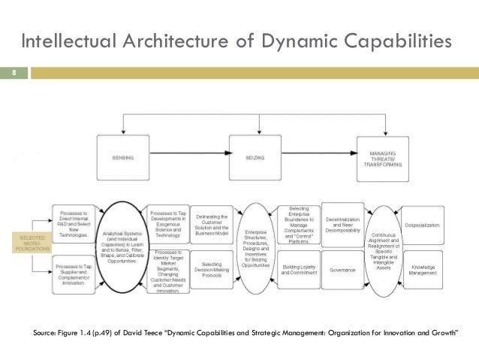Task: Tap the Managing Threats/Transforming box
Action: [x=383, y=158]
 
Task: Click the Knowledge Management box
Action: [x=424, y=269]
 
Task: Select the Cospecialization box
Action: [x=424, y=225]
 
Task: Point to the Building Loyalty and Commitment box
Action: [x=299, y=269]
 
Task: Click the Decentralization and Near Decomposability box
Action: [x=342, y=223]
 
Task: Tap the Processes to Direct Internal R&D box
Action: [x=74, y=225]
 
